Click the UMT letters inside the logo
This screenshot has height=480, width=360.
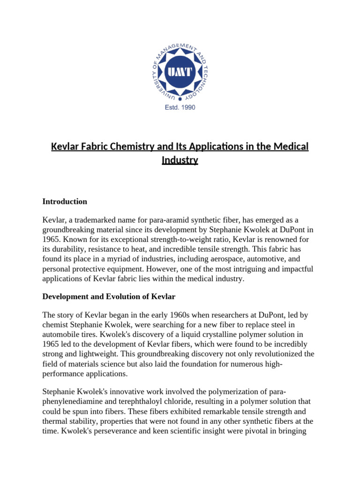[x=180, y=71]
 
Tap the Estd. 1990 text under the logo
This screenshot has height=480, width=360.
[x=180, y=107]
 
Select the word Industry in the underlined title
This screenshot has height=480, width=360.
[x=180, y=160]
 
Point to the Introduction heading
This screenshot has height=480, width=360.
[x=65, y=202]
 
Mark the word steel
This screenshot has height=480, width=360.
[x=286, y=325]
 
